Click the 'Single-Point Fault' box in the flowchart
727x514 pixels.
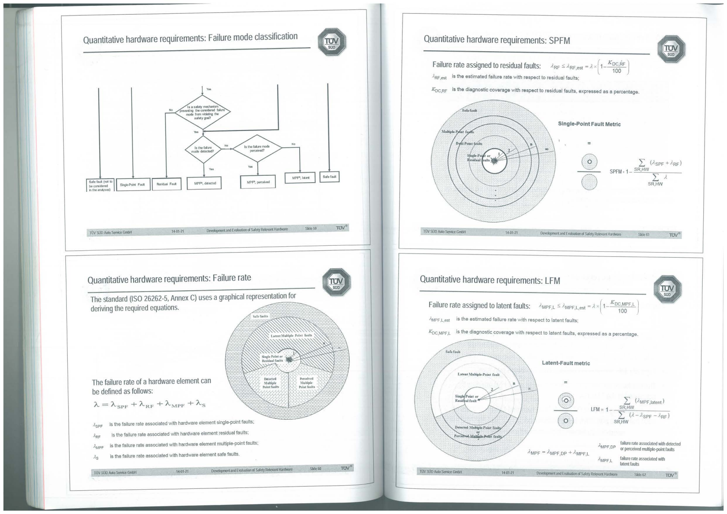pyautogui.click(x=132, y=184)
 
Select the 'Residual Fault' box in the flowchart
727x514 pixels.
pyautogui.click(x=167, y=184)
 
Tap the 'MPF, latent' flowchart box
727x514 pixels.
pyautogui.click(x=300, y=177)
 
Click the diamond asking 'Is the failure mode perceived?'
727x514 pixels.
pyautogui.click(x=257, y=148)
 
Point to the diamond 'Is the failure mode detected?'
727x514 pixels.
pyautogui.click(x=203, y=149)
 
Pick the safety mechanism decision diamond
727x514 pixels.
pyautogui.click(x=203, y=112)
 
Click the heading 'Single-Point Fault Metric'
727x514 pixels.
pyautogui.click(x=589, y=124)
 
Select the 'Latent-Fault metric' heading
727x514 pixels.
pyautogui.click(x=566, y=363)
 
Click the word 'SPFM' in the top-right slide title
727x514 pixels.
pyautogui.click(x=559, y=40)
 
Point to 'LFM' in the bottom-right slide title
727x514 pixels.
pyautogui.click(x=552, y=280)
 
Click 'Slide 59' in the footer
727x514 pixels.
pyautogui.click(x=311, y=228)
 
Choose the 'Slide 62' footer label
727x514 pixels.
pyautogui.click(x=640, y=475)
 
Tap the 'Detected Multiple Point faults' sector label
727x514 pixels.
pyautogui.click(x=270, y=383)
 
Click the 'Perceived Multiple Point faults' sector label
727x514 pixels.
pyautogui.click(x=307, y=383)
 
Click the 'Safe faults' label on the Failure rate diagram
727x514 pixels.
pyautogui.click(x=260, y=316)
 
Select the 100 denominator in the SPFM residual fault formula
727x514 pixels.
pyautogui.click(x=617, y=71)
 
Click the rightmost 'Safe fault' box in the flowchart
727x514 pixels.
pyautogui.click(x=329, y=177)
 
